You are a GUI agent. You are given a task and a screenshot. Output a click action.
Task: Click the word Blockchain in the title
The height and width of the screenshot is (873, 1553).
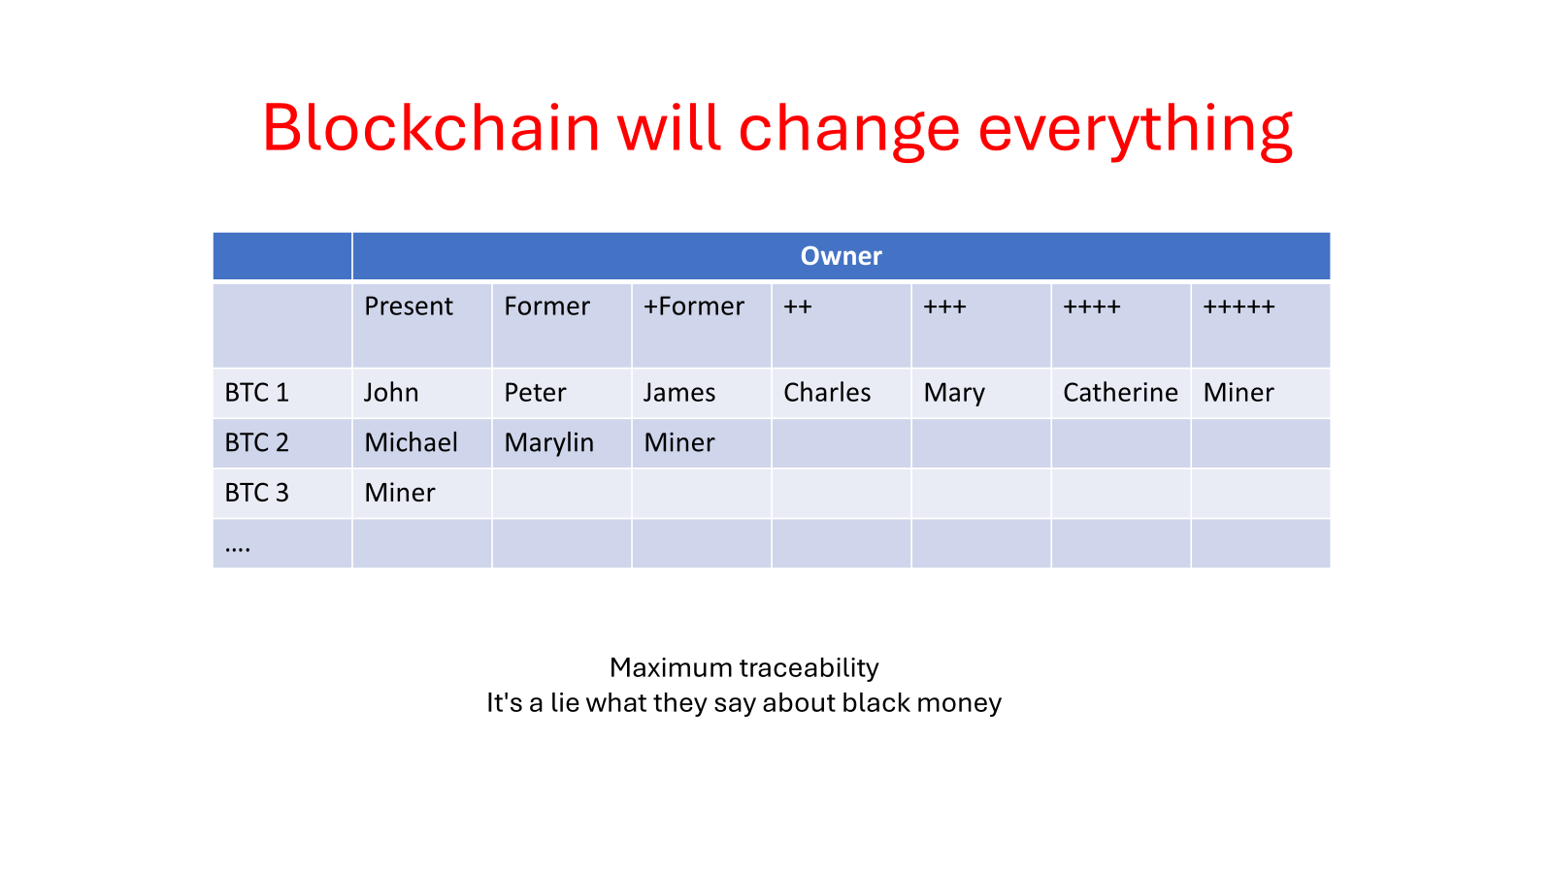tap(431, 128)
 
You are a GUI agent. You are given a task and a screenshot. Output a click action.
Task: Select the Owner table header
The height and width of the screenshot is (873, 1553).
tap(841, 256)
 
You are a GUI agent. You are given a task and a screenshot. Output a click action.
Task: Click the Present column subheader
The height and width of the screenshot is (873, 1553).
tap(409, 307)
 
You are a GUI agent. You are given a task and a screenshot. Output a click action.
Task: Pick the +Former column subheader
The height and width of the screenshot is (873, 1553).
tap(693, 307)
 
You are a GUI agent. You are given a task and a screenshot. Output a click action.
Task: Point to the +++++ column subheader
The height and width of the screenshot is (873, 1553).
tap(1239, 307)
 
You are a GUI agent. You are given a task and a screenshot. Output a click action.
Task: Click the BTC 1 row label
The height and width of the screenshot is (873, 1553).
tap(256, 393)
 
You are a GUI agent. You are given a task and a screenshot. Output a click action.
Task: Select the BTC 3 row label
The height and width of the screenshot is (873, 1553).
tap(256, 493)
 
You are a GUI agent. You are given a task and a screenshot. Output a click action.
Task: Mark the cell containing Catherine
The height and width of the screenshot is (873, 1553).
tap(1120, 393)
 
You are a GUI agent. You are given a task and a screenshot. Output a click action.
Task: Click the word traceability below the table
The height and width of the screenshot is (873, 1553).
tap(809, 668)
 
